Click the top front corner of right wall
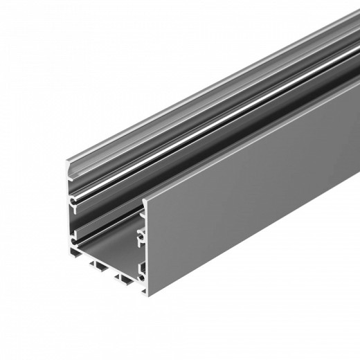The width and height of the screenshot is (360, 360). pos(145,201)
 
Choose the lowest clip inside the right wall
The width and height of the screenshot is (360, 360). pos(141,267)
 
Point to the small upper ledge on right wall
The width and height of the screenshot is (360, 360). pos(141,215)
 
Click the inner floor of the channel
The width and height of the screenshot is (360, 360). pos(111,249)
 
